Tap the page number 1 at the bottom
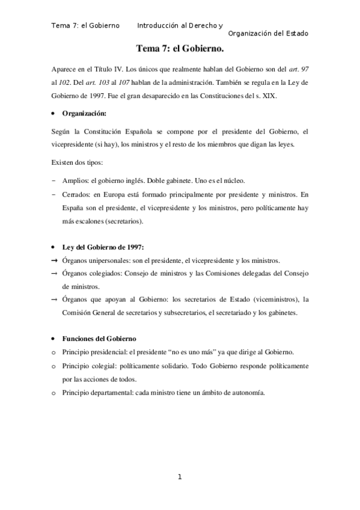179,478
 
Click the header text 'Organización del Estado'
269,34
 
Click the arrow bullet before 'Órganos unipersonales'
55,260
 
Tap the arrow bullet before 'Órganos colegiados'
55,274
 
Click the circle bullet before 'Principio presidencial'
54,352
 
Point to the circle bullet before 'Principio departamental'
54,393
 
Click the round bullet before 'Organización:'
54,113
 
